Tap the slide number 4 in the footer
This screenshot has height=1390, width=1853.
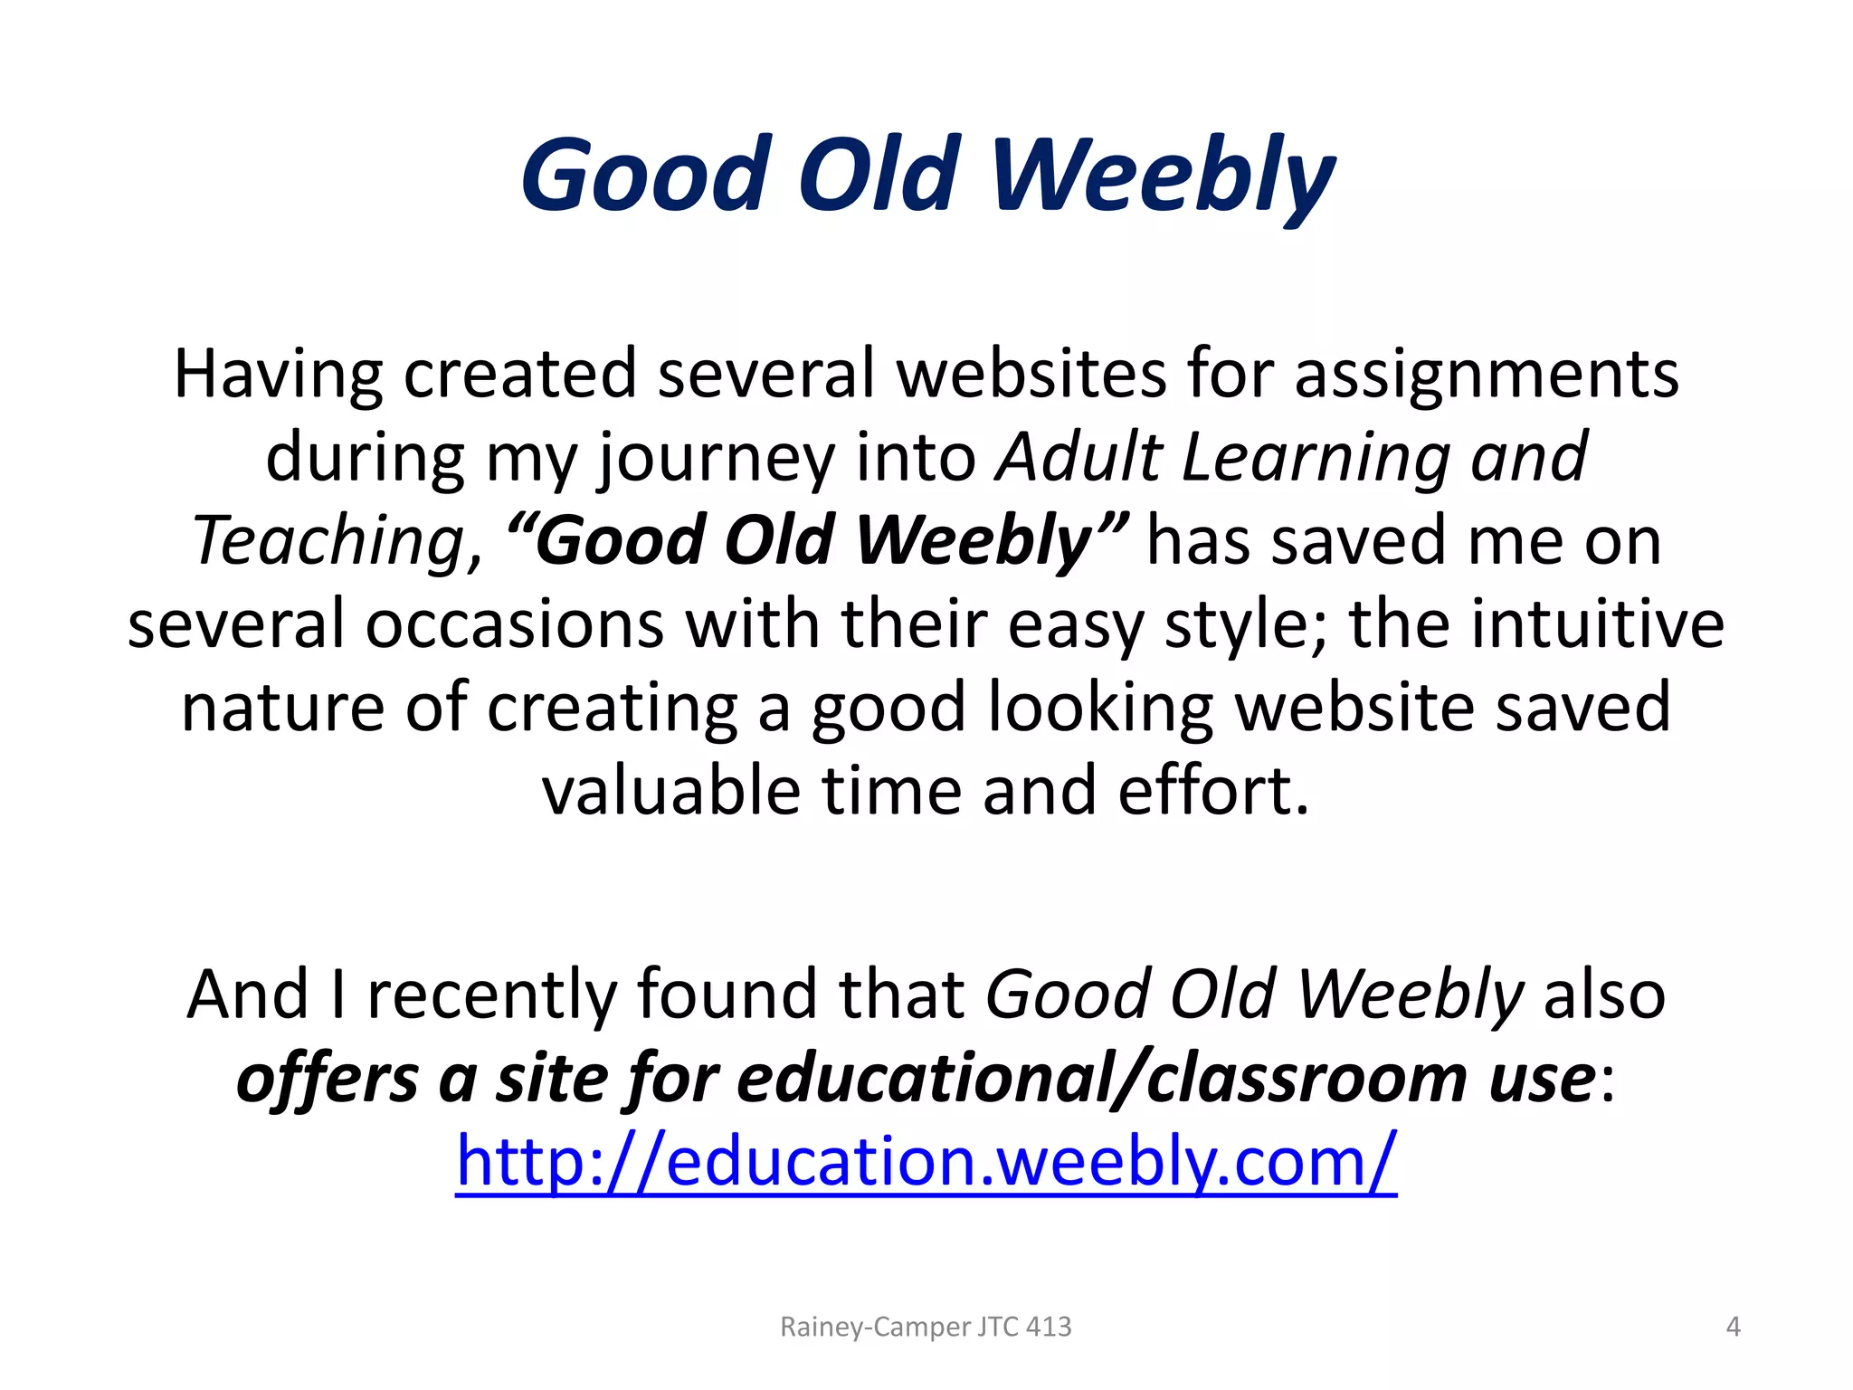click(1733, 1327)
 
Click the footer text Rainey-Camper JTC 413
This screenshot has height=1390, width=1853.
click(926, 1327)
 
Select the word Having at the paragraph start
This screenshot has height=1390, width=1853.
click(278, 374)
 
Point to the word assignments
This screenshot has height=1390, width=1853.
click(1487, 374)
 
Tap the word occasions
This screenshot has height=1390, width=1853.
click(514, 624)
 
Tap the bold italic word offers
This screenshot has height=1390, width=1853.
click(327, 1079)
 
